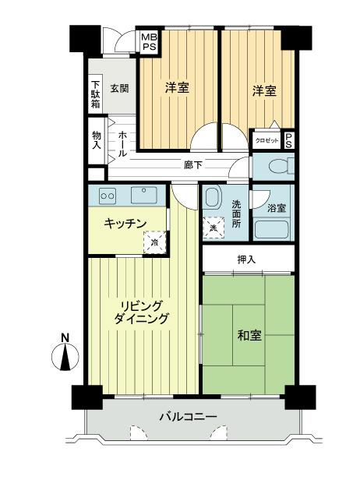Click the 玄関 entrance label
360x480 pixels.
point(119,88)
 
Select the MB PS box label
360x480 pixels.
point(147,41)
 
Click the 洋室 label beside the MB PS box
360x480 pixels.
point(177,87)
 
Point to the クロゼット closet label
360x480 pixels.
point(266,140)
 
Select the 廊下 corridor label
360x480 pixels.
point(193,165)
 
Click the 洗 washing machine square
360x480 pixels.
point(214,227)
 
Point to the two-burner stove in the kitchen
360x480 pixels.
point(107,195)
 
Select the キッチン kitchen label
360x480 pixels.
point(126,224)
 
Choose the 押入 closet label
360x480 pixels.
point(247,259)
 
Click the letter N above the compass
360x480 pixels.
point(65,338)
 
